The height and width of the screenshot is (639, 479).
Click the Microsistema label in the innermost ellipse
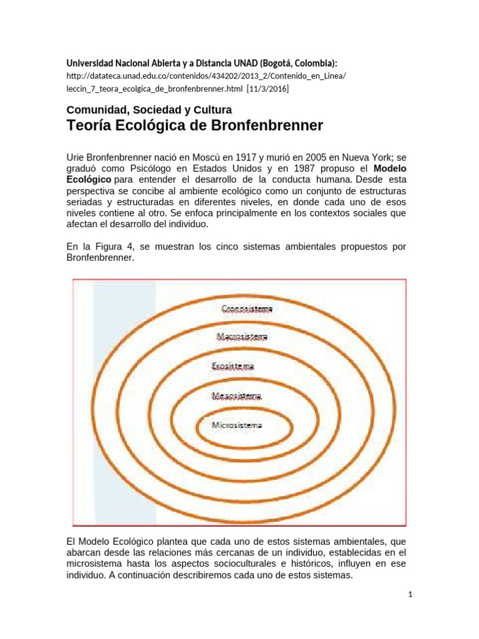(237, 426)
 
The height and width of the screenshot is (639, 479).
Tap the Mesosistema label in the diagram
(236, 396)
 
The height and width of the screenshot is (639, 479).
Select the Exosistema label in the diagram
(233, 367)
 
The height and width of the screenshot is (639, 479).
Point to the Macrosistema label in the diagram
(242, 337)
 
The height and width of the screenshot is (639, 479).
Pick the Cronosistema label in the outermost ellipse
(247, 308)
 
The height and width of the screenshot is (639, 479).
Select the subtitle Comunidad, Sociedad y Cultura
(149, 110)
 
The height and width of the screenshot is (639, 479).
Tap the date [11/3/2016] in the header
(268, 89)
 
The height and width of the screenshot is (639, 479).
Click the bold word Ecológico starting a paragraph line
(89, 180)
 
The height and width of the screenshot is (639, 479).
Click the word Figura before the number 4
(113, 246)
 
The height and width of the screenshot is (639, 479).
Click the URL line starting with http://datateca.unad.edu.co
(206, 76)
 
